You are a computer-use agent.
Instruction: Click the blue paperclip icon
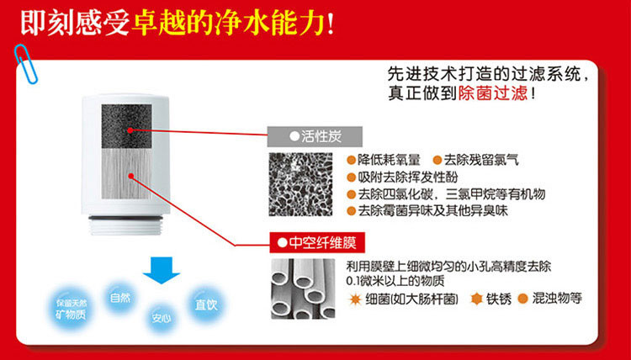tap(25, 64)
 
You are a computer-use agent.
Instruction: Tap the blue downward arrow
tap(161, 270)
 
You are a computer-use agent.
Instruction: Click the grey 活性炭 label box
tap(315, 136)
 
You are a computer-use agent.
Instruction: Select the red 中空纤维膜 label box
tap(317, 242)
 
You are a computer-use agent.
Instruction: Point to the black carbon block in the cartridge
tap(126, 126)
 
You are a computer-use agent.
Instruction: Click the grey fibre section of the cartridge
tap(126, 174)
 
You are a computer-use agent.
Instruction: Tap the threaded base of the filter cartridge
tap(125, 225)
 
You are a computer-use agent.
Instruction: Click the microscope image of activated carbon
tap(300, 184)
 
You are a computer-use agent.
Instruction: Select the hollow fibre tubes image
tap(303, 289)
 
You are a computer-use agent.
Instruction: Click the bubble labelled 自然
tap(120, 298)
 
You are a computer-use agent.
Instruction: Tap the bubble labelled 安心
tap(162, 318)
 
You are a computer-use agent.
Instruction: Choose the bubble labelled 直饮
tap(206, 304)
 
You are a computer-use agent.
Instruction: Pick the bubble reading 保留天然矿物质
tap(72, 309)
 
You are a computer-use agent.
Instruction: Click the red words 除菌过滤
tap(492, 93)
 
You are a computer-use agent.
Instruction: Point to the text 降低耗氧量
tap(389, 160)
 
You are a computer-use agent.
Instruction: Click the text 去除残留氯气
tap(481, 160)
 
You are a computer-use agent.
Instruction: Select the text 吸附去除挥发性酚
tap(408, 177)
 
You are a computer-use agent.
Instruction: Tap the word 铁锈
tap(499, 299)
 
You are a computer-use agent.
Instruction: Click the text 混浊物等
tap(557, 298)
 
